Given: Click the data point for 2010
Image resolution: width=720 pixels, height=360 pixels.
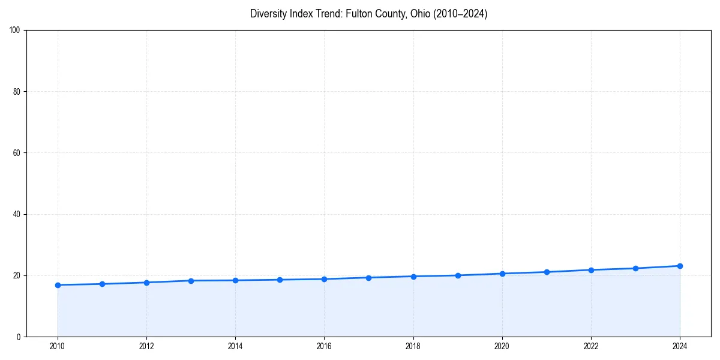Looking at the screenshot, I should (58, 285).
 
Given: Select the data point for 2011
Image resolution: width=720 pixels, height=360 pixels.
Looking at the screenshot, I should (102, 284).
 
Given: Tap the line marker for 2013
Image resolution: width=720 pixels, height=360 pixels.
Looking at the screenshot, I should (191, 281).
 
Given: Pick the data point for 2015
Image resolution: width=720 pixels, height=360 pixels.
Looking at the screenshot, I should (280, 280).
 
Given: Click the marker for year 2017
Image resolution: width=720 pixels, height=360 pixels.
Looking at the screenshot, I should (368, 278).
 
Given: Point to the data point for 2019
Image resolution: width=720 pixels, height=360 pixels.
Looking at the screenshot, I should (458, 275).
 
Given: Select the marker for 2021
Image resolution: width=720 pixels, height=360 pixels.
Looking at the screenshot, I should (547, 272).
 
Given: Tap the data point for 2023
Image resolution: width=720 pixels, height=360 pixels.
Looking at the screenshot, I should (635, 268).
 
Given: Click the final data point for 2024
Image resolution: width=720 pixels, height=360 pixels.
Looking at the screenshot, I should (680, 266).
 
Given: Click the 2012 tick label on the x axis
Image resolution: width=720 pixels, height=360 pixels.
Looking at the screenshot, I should (146, 346).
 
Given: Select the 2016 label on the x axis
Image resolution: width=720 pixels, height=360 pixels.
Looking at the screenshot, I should (324, 346).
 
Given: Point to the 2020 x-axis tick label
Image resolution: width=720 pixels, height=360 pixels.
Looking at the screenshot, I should (502, 346).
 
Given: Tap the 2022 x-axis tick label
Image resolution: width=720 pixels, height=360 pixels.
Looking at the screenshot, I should (591, 346).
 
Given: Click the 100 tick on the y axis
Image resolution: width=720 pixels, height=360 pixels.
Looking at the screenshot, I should (15, 30).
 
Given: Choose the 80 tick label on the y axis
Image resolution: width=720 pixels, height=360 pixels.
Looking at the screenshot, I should (17, 92).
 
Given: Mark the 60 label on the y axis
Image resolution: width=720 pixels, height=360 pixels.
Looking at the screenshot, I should (17, 153).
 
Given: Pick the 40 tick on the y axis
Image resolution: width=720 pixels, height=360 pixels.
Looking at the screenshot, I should (17, 214).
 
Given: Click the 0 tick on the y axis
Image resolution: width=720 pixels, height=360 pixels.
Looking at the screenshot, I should (19, 337).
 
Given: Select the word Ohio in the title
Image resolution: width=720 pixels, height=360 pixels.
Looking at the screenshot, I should (419, 14).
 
